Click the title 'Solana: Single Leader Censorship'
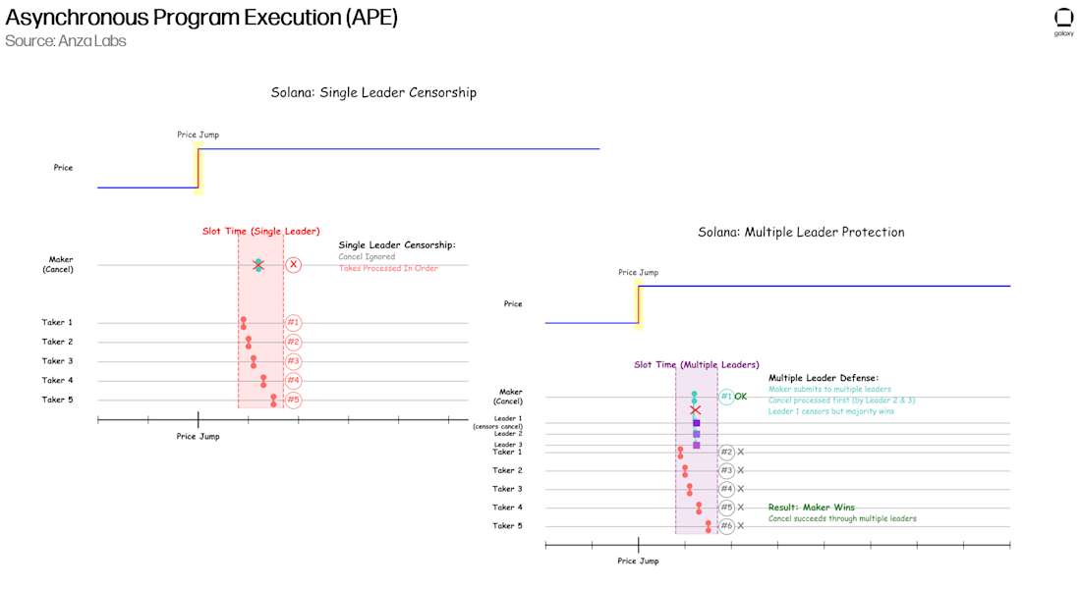(373, 93)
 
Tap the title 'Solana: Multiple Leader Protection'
(801, 233)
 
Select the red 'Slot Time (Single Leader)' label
(260, 232)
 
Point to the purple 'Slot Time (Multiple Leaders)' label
(696, 365)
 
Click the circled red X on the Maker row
(293, 265)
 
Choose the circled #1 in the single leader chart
(293, 323)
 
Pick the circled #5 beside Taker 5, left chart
(293, 400)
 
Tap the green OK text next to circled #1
(741, 397)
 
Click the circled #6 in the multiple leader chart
(726, 526)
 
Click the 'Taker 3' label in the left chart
(57, 361)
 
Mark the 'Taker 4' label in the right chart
(507, 508)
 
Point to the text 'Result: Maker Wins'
(811, 508)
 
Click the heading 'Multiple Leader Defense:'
(823, 378)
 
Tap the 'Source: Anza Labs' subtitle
(66, 41)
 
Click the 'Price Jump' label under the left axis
(198, 436)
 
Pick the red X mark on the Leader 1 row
(695, 410)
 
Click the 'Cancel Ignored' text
(367, 257)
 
